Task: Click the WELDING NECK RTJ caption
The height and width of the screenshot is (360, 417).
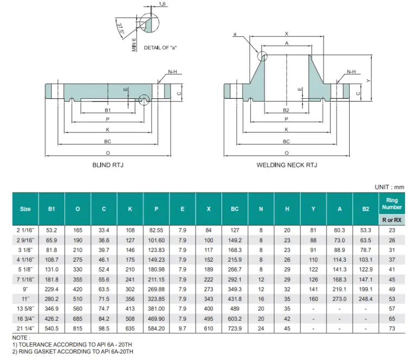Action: (286, 165)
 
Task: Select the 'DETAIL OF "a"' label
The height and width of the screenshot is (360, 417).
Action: (160, 48)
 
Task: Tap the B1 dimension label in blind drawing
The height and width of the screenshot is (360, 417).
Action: (108, 110)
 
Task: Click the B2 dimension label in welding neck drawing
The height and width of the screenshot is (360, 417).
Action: (286, 110)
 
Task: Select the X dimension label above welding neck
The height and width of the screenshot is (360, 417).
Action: (286, 34)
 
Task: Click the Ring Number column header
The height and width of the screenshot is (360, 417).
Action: (391, 203)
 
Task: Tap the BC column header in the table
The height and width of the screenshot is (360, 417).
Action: (235, 209)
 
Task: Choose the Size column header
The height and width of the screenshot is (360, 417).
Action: (26, 209)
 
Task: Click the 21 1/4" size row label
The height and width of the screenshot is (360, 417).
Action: (26, 329)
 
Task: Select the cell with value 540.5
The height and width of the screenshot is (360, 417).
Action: (52, 329)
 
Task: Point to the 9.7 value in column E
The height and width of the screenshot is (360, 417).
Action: (182, 329)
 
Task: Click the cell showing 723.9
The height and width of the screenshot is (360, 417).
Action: (235, 329)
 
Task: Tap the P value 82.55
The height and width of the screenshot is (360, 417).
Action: (156, 230)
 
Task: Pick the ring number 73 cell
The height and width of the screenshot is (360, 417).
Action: (391, 329)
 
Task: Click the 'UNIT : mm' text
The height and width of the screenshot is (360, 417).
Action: (389, 187)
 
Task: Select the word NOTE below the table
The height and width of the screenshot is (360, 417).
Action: (22, 338)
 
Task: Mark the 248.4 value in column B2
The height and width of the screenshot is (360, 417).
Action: (365, 299)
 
